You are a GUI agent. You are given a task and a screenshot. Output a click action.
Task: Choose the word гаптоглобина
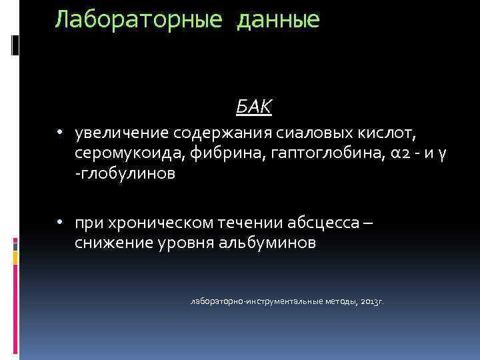pyautogui.click(x=312, y=155)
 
